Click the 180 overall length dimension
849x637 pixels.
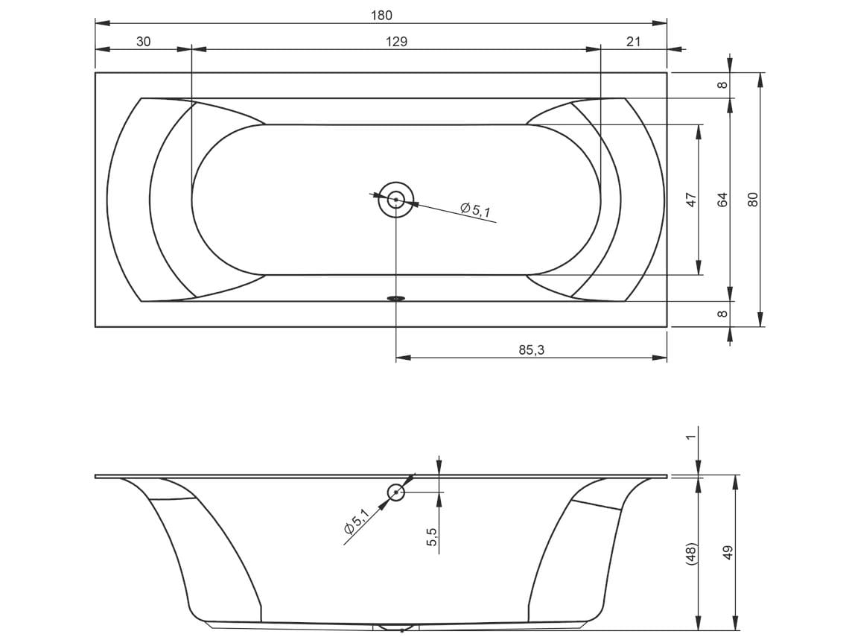pyautogui.click(x=381, y=15)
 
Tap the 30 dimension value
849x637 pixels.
pyautogui.click(x=144, y=42)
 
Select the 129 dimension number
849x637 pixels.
pyautogui.click(x=396, y=42)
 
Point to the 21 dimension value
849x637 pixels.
pyautogui.click(x=634, y=42)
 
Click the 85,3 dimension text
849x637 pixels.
pyautogui.click(x=531, y=350)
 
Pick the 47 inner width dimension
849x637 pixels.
pyautogui.click(x=691, y=200)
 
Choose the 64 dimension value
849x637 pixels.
pyautogui.click(x=722, y=200)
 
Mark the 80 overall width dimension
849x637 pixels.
pyautogui.click(x=753, y=200)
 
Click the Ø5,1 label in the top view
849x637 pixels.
pyautogui.click(x=475, y=209)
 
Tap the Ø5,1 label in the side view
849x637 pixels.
pyautogui.click(x=356, y=522)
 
